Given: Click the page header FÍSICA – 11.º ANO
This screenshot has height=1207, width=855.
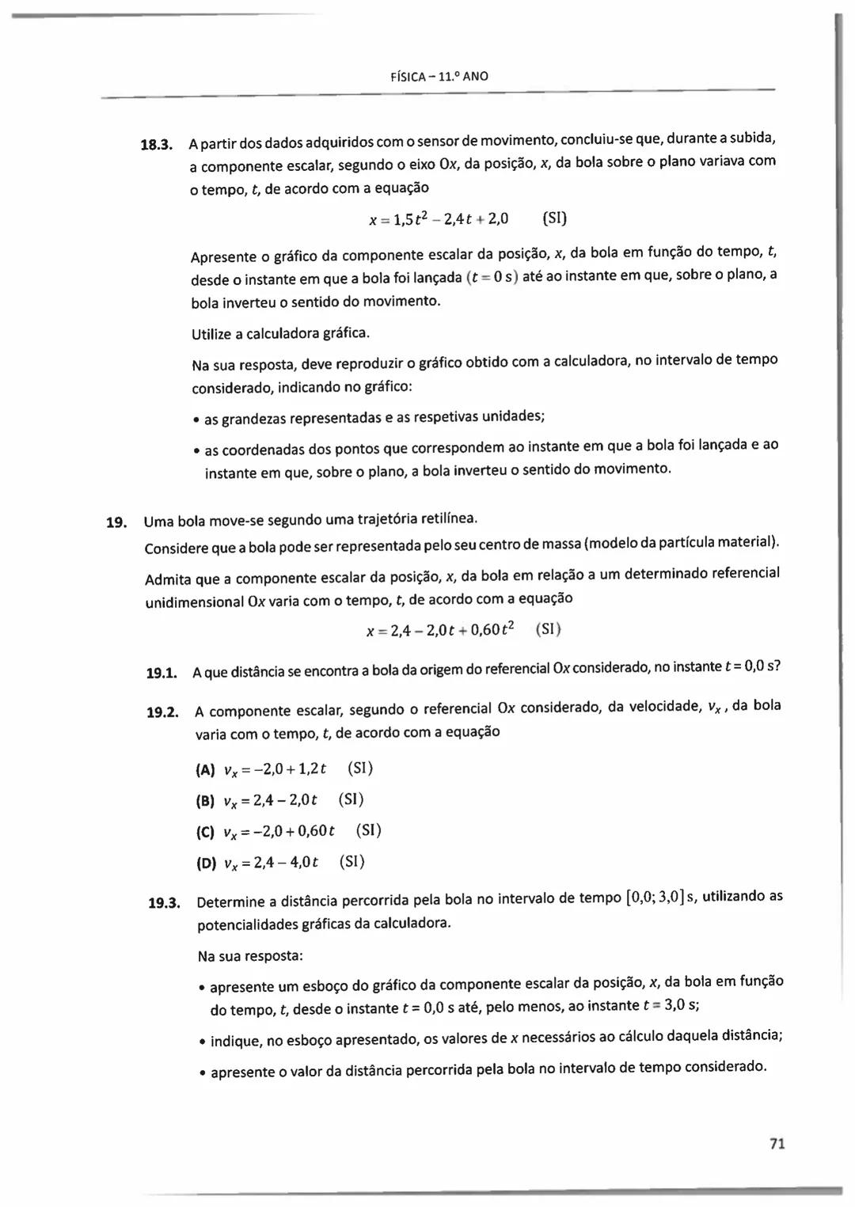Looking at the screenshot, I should coord(440,77).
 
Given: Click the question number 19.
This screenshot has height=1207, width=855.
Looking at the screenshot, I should coord(116,522).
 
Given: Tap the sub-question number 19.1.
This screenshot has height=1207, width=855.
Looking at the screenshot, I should coord(161,674).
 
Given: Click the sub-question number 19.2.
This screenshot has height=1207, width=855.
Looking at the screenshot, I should coord(162,712).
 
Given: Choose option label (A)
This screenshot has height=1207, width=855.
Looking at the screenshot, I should coord(205,770).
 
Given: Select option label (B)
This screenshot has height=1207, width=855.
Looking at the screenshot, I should coord(205,801).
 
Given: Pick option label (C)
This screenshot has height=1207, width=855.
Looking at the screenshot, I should coord(205,832).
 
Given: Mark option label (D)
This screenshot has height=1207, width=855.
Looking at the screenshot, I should coord(205,863).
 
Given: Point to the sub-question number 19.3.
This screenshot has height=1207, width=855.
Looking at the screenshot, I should coord(165,903).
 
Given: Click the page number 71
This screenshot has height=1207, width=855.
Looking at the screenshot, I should coord(777,1144).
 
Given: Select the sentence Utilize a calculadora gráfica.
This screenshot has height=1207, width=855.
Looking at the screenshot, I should coord(280,333).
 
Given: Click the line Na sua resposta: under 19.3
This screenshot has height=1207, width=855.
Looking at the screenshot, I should coord(250,956).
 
